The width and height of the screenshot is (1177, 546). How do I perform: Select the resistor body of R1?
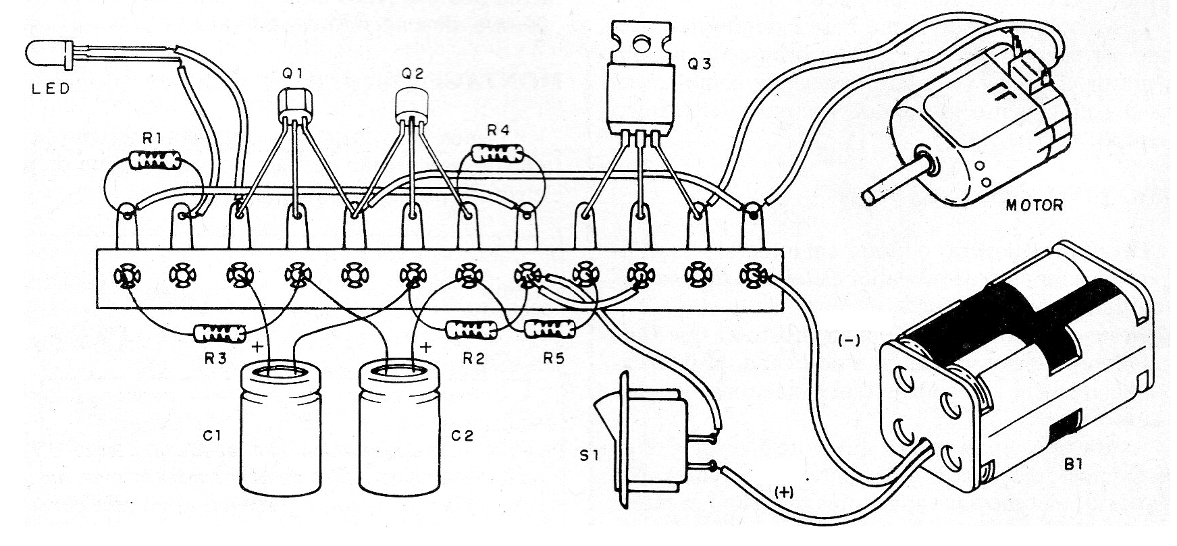click(x=155, y=160)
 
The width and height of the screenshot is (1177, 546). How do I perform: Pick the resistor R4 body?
click(x=498, y=153)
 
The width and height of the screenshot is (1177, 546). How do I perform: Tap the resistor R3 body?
click(x=219, y=333)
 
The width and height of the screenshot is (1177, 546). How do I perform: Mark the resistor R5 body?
click(x=551, y=329)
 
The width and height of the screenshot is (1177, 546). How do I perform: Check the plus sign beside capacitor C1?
click(x=257, y=348)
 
